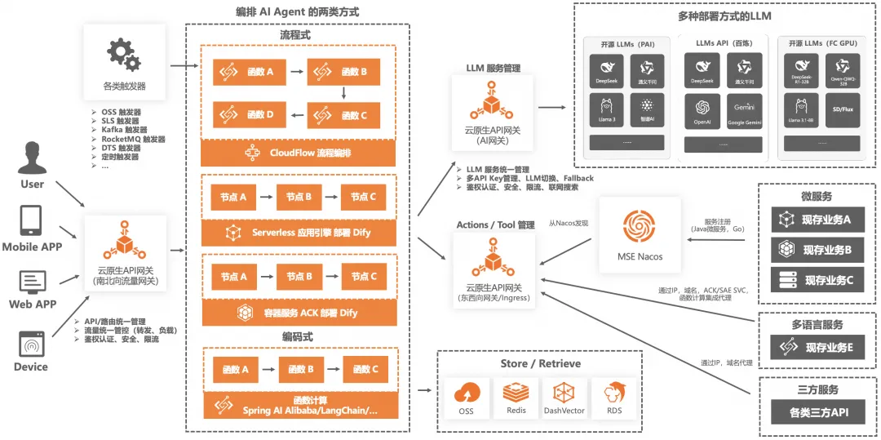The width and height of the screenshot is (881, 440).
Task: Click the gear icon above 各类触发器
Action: pyautogui.click(x=123, y=54)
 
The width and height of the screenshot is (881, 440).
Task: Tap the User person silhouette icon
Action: pyautogui.click(x=33, y=158)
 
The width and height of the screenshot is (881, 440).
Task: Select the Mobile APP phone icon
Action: pyautogui.click(x=31, y=221)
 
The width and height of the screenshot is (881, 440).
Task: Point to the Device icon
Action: pyautogui.click(x=31, y=344)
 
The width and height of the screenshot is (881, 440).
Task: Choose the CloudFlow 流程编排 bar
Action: pyautogui.click(x=299, y=153)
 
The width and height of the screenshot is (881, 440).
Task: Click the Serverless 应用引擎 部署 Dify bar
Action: pyautogui.click(x=299, y=233)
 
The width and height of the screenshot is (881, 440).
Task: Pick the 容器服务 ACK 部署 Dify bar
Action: pyautogui.click(x=299, y=313)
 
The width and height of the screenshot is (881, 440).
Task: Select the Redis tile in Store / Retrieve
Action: pyautogui.click(x=515, y=398)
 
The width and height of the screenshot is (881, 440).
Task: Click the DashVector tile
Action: pyautogui.click(x=564, y=398)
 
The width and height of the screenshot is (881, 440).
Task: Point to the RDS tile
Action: pyautogui.click(x=614, y=398)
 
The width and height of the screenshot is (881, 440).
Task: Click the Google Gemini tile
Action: pyautogui.click(x=743, y=112)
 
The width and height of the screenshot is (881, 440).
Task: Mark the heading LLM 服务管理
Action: pyautogui.click(x=493, y=68)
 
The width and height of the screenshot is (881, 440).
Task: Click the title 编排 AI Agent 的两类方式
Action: pyautogui.click(x=297, y=12)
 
